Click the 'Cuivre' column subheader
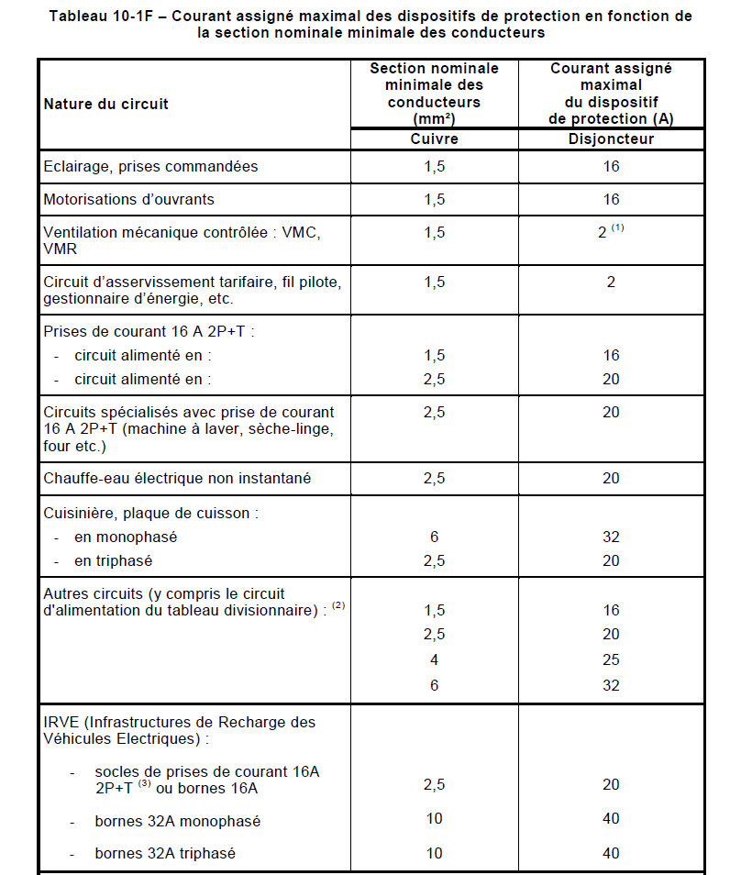[434, 138]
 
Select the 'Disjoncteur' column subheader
[611, 138]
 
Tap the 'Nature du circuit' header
[106, 104]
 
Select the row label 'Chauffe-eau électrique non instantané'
[177, 478]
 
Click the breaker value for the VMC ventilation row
[603, 233]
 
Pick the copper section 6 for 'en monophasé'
[434, 537]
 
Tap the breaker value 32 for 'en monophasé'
[611, 537]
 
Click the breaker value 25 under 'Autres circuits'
[611, 659]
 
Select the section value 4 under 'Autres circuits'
[434, 659]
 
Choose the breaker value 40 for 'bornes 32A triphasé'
[611, 853]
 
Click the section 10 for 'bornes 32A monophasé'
[434, 818]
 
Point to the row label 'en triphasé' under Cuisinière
[113, 560]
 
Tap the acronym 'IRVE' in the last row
[61, 722]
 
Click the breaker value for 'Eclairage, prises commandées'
[611, 166]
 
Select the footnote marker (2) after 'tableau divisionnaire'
[338, 606]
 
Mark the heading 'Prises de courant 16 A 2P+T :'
[149, 331]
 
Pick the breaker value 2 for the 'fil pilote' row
[611, 282]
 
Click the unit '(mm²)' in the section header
[434, 118]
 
